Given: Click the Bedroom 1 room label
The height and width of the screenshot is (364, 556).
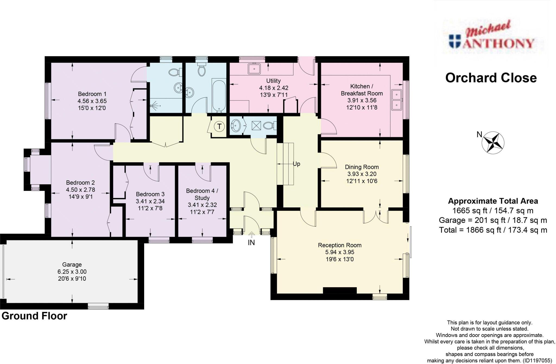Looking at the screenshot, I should click(x=92, y=94).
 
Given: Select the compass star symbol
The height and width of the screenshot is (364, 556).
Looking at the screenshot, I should click(x=493, y=142).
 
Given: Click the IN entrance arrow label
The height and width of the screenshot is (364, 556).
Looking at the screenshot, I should click(x=251, y=242).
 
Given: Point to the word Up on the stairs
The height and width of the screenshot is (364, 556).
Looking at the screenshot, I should click(x=296, y=164).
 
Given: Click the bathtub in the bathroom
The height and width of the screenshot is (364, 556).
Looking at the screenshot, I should click(x=219, y=95).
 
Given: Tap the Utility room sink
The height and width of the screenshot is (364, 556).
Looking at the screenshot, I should click(x=254, y=69).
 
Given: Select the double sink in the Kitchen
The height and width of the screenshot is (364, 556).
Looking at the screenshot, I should click(x=397, y=100).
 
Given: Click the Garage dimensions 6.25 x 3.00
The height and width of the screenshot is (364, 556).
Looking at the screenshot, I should click(x=72, y=271).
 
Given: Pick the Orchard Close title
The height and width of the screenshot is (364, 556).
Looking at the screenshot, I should click(x=491, y=78).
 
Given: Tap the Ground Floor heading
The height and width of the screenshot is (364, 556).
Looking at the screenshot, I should click(x=34, y=316).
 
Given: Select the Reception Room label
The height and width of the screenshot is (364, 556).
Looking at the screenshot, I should click(x=340, y=245).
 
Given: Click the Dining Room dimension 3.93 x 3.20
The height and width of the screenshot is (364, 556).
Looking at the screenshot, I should click(x=362, y=174).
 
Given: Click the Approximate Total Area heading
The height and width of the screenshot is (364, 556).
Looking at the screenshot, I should click(x=493, y=201).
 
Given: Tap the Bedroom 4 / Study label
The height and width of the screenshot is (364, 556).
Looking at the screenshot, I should click(x=202, y=194).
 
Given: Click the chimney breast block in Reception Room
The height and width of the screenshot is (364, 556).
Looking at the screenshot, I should click(x=340, y=290).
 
